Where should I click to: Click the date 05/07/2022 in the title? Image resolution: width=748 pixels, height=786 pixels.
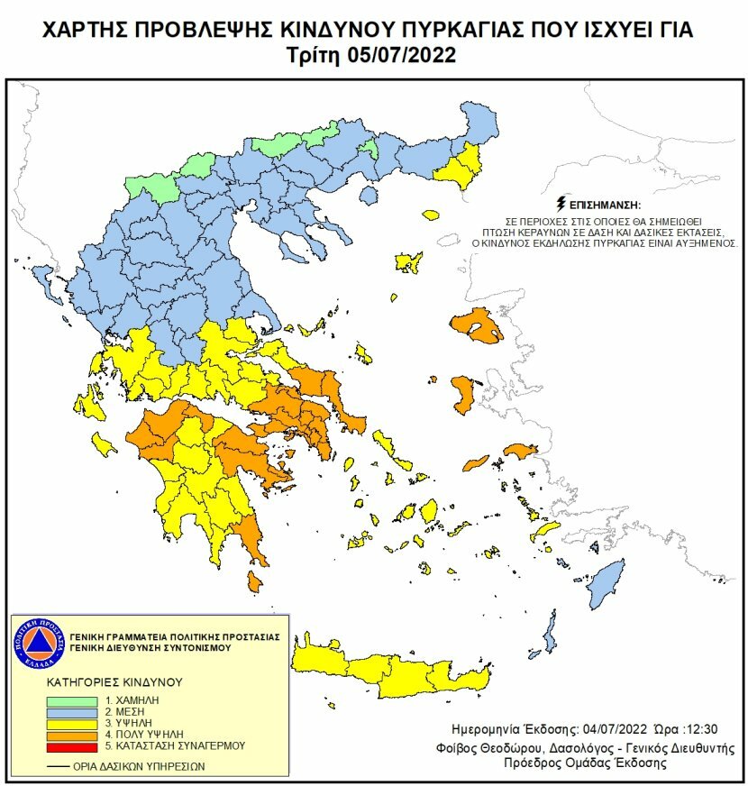[x=404, y=55]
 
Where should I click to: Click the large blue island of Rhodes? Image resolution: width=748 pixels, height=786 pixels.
[x=607, y=581]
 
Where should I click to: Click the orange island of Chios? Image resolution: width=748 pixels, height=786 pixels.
[x=464, y=394]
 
